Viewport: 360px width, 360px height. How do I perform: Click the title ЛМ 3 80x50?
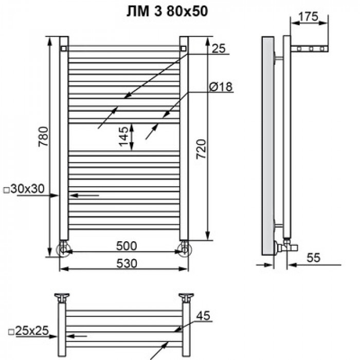click(x=167, y=12)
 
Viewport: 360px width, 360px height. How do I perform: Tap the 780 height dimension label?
click(x=43, y=136)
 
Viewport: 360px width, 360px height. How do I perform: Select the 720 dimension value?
click(x=202, y=149)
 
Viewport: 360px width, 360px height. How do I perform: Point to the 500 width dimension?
click(x=127, y=246)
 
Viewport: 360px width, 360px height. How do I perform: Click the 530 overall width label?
click(x=127, y=263)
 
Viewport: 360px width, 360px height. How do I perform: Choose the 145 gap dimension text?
click(x=123, y=136)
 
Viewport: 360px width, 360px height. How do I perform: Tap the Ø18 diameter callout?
click(x=221, y=87)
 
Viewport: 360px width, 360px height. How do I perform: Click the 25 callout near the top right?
click(x=219, y=48)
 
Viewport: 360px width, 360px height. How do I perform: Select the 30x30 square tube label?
click(x=25, y=189)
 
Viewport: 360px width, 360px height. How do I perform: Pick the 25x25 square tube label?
click(x=29, y=331)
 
